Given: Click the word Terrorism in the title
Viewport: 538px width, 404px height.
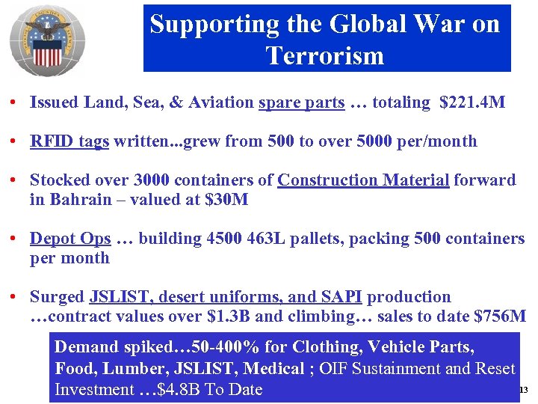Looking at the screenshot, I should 324,55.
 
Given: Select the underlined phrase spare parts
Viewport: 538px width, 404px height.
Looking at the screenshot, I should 301,102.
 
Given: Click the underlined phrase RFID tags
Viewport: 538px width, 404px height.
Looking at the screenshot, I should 69,141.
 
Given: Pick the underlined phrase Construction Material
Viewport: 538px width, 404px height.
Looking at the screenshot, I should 363,180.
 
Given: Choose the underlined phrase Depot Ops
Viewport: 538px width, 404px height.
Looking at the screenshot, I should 70,239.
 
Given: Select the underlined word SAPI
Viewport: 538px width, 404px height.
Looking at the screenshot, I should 342,297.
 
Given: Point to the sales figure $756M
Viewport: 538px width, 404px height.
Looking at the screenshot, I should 500,316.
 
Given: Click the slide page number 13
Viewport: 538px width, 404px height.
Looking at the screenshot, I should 523,390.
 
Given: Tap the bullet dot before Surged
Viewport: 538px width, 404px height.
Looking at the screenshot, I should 14,298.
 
